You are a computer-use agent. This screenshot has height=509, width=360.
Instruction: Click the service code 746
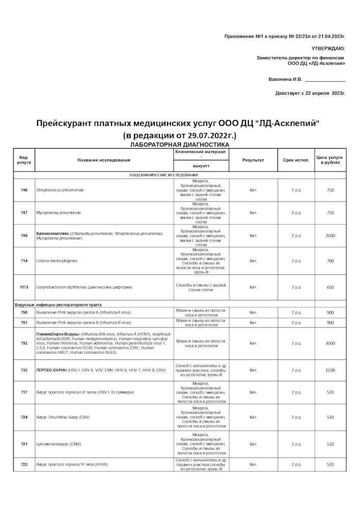[24, 190]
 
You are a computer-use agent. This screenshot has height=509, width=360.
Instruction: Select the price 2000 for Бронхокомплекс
[330, 236]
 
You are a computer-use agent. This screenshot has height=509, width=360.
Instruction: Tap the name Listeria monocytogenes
[57, 261]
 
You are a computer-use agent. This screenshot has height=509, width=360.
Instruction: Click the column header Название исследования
[104, 160]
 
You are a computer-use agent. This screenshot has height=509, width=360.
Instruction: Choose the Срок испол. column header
[296, 160]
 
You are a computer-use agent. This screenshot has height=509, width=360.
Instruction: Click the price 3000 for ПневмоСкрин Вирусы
[330, 343]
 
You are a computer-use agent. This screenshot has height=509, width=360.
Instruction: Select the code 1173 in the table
[24, 287]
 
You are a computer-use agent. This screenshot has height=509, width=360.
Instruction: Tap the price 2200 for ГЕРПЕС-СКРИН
[330, 370]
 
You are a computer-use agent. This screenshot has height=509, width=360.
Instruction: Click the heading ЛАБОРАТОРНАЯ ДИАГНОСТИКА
[180, 145]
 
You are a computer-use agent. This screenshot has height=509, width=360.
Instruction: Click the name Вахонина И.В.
[285, 79]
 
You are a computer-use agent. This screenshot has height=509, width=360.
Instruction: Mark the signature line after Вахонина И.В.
[325, 80]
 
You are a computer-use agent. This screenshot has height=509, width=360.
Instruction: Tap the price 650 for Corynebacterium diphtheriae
[330, 287]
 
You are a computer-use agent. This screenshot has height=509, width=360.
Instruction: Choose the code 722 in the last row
[24, 464]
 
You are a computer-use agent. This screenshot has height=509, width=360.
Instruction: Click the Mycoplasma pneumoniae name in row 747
[59, 212]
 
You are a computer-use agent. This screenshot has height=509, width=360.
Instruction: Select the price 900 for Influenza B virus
[330, 322]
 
